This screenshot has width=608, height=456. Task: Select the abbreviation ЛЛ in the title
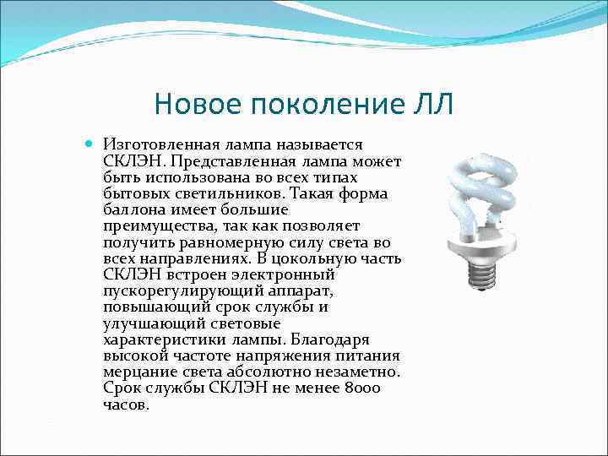[x=434, y=105]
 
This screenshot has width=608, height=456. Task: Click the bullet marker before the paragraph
[x=90, y=145]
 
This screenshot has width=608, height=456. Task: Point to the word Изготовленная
[x=155, y=146]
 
